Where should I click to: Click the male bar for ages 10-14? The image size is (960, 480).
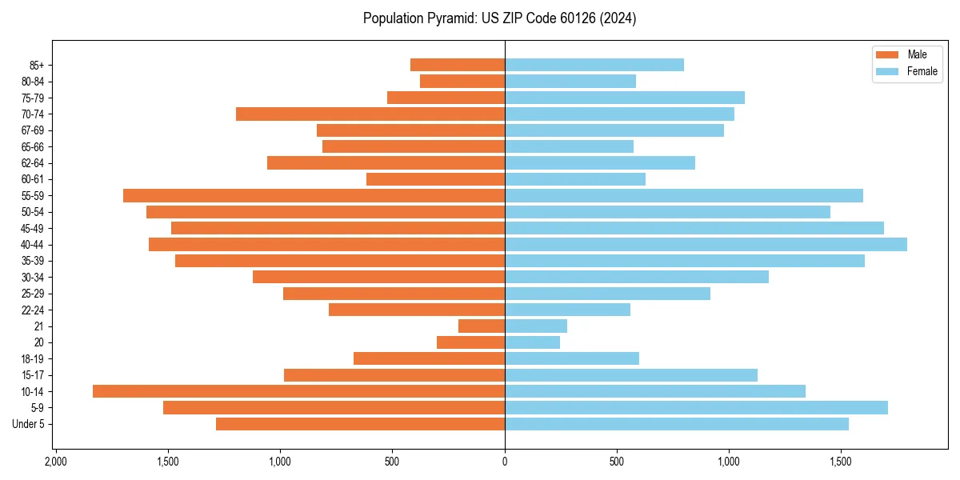pyautogui.click(x=298, y=391)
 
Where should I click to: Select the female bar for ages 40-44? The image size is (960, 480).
pyautogui.click(x=706, y=244)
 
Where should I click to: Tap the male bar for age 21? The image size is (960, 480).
pyautogui.click(x=482, y=326)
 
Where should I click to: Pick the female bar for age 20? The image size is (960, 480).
pyautogui.click(x=532, y=342)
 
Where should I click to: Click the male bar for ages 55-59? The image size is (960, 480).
pyautogui.click(x=314, y=195)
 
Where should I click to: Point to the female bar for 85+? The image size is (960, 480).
pyautogui.click(x=594, y=65)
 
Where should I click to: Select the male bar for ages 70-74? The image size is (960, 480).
pyautogui.click(x=370, y=114)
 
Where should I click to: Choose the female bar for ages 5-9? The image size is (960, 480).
pyautogui.click(x=696, y=407)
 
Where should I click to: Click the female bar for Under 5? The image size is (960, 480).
pyautogui.click(x=676, y=424)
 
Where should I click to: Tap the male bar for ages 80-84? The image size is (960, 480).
pyautogui.click(x=462, y=81)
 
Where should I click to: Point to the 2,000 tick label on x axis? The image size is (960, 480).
pyautogui.click(x=55, y=462)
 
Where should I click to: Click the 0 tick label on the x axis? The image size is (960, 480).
pyautogui.click(x=505, y=462)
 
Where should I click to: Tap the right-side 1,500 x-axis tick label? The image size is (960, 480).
pyautogui.click(x=841, y=462)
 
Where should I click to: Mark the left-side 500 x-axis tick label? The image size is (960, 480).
pyautogui.click(x=392, y=462)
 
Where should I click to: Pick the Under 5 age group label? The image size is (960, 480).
pyautogui.click(x=29, y=424)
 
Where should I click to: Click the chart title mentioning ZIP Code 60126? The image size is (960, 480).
pyautogui.click(x=499, y=18)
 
